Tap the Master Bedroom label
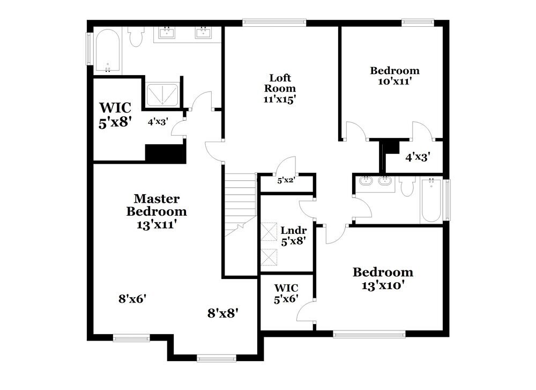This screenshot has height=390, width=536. [x=157, y=205]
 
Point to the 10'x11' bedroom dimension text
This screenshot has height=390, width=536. [x=394, y=82]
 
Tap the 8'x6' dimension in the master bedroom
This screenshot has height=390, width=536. [x=132, y=298]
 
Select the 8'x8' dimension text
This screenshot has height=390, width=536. [x=222, y=313]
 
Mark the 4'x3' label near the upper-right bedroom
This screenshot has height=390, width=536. [x=418, y=157]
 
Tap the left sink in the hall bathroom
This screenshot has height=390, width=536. [x=367, y=181]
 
